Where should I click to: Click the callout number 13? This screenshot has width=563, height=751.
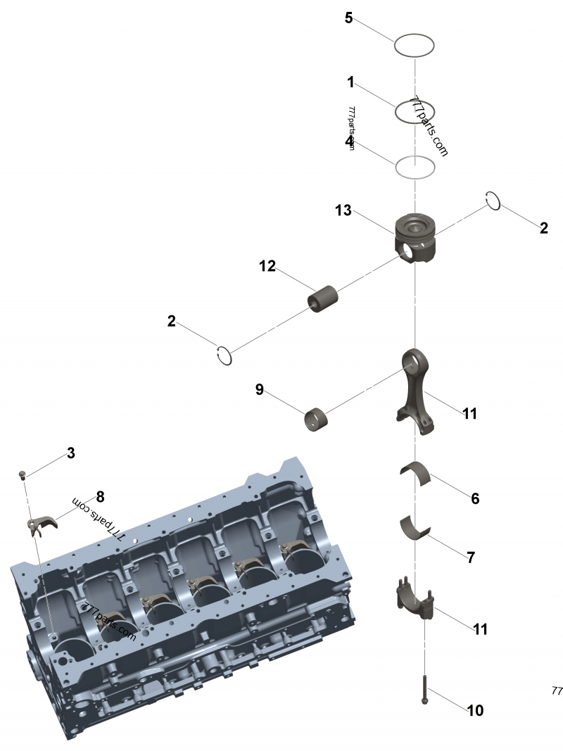click(343, 210)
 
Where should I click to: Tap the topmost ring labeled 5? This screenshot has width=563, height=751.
click(415, 46)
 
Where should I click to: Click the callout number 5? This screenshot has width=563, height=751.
click(348, 18)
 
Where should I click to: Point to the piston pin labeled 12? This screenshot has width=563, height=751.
click(323, 298)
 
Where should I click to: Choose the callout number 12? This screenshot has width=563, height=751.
click(267, 266)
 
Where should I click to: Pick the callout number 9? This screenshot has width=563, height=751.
click(260, 389)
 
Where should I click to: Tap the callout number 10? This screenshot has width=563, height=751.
click(476, 710)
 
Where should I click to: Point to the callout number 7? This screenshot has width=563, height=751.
click(471, 557)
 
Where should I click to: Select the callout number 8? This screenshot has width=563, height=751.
click(100, 497)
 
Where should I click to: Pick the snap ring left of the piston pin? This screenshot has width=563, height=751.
click(224, 356)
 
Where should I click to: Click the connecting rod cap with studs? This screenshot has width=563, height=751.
click(414, 600)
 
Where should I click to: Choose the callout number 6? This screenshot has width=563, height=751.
click(475, 498)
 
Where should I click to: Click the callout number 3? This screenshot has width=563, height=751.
click(70, 453)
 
